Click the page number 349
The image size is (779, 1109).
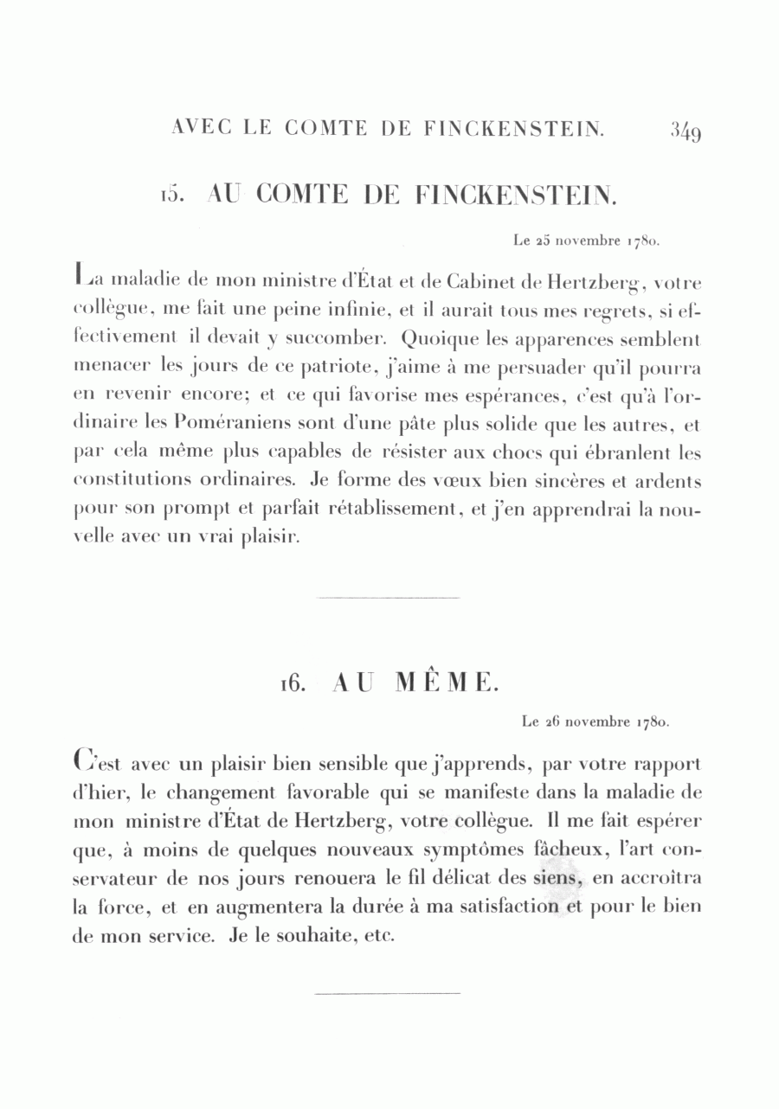pos(684,132)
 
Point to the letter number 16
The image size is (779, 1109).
pos(290,683)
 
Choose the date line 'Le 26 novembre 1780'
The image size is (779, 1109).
pos(597,720)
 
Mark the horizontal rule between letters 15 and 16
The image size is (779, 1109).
pos(389,597)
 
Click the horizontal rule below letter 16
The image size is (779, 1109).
pos(389,993)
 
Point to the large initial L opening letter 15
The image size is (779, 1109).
pos(81,279)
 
